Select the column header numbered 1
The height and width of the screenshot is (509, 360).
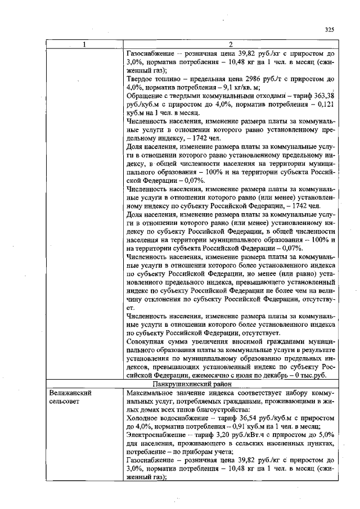point(85,44)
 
